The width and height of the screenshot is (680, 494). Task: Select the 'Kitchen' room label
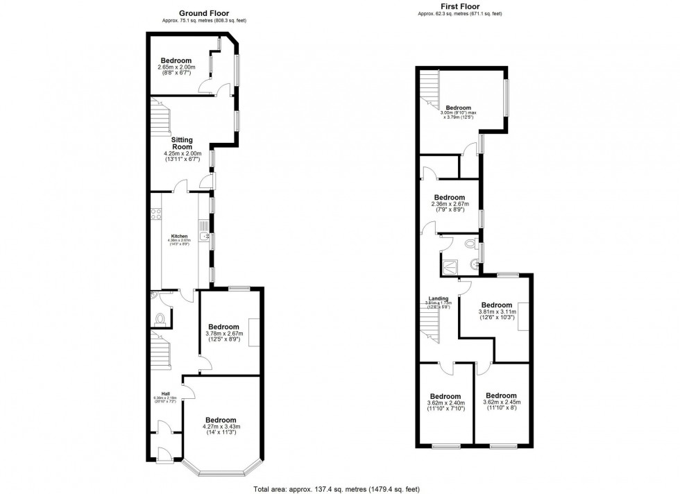pos(179,237)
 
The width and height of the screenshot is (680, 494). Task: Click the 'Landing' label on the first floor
pos(438,299)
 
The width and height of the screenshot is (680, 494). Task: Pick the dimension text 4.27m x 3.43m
pos(221,427)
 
